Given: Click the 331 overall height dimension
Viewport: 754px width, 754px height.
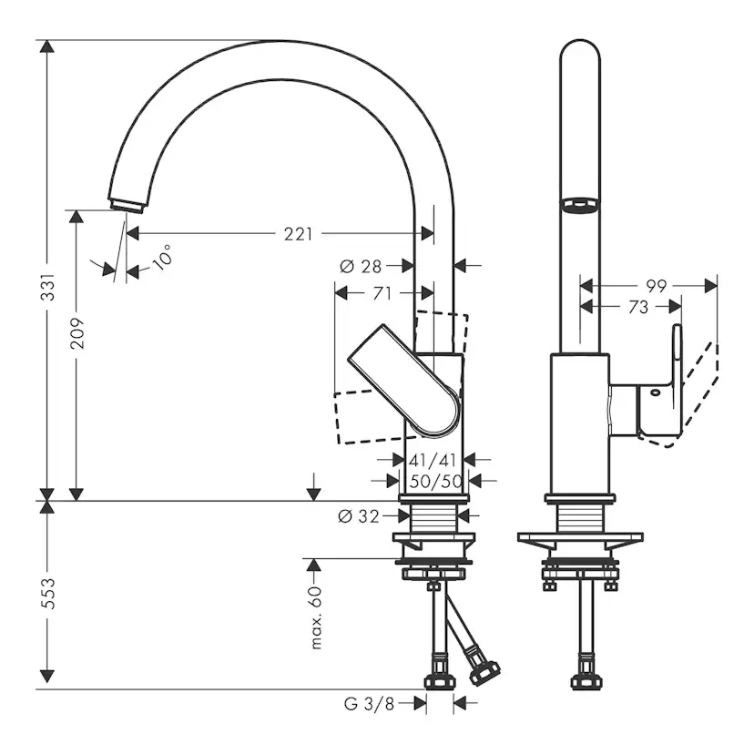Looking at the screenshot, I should tap(51, 286).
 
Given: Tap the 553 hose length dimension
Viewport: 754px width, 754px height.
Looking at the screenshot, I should tap(51, 594).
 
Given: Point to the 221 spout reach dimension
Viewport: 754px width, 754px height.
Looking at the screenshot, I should tap(297, 234).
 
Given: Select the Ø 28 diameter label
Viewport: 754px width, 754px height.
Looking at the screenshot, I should tap(360, 266).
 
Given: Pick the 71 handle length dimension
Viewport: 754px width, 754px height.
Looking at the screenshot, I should tap(382, 293).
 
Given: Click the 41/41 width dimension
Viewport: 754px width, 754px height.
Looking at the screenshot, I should tap(433, 460).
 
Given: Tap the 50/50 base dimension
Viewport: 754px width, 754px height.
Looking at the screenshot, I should tap(433, 481).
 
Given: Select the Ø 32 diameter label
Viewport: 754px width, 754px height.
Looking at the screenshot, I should tap(358, 516).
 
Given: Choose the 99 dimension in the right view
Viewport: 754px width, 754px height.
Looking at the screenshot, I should tap(657, 286).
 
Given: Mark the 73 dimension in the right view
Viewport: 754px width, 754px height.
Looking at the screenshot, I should tap(638, 308).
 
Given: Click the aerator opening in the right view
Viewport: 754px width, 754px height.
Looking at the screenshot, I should tap(580, 206).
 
